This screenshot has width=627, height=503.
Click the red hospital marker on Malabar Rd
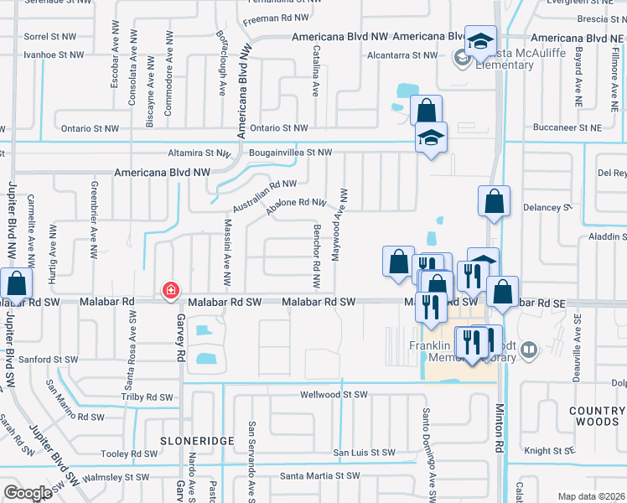pyautogui.click(x=170, y=290)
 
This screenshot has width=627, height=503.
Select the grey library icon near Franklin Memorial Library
pyautogui.click(x=528, y=349)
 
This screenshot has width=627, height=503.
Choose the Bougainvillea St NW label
pyautogui.click(x=290, y=153)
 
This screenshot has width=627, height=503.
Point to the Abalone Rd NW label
pyautogui.click(x=296, y=207)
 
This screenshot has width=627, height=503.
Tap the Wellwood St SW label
pyautogui.click(x=334, y=394)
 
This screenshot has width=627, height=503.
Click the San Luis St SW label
pyautogui.click(x=364, y=453)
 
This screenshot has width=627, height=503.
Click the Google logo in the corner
pyautogui.click(x=28, y=492)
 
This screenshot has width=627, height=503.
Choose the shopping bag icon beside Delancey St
pyautogui.click(x=494, y=202)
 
